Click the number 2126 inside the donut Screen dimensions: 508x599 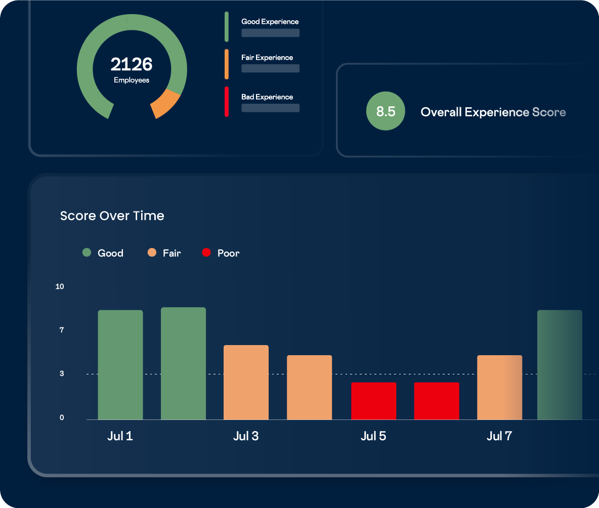[x=132, y=64]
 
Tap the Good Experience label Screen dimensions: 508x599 [x=270, y=22]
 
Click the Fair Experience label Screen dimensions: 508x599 [x=267, y=58]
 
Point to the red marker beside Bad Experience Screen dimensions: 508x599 [x=227, y=102]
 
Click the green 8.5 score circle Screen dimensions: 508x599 [x=386, y=111]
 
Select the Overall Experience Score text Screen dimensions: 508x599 [x=493, y=112]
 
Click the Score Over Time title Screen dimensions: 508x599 [x=112, y=216]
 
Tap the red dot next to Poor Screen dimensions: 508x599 [x=206, y=252]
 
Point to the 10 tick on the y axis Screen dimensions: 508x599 [x=60, y=286]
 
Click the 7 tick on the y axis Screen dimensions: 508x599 [x=61, y=330]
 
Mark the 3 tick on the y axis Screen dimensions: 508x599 [x=61, y=374]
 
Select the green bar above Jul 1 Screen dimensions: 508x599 [x=120, y=364]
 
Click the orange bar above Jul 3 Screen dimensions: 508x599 [x=246, y=382]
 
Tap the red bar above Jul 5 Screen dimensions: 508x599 [x=373, y=401]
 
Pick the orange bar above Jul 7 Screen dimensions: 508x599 [x=499, y=387]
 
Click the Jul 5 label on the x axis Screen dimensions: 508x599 [x=373, y=436]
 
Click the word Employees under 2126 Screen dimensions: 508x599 [x=132, y=80]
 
